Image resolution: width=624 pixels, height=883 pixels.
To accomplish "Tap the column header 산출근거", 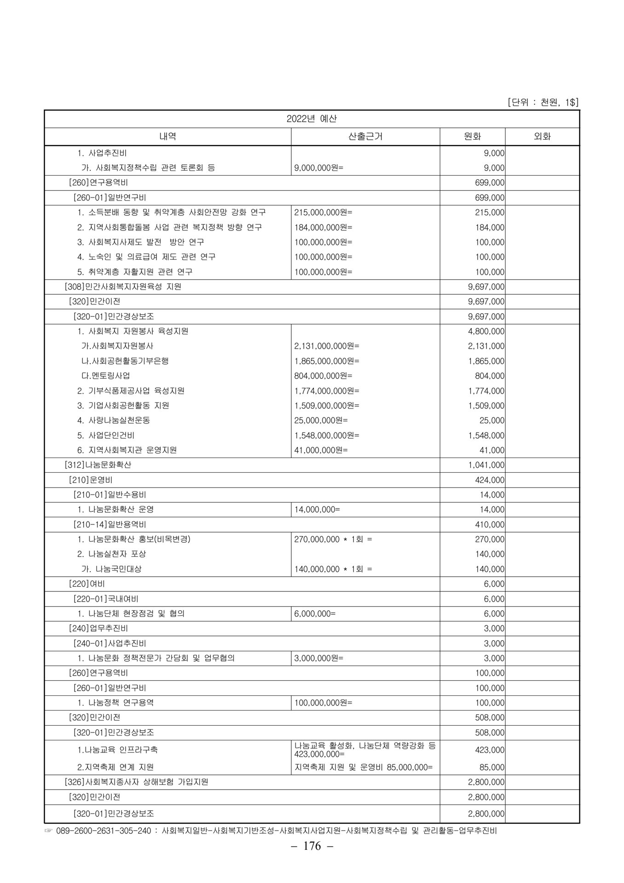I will click(x=365, y=137).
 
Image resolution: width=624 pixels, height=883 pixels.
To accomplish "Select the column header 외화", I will click(x=542, y=137).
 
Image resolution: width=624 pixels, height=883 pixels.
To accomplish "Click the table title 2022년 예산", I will click(x=312, y=119).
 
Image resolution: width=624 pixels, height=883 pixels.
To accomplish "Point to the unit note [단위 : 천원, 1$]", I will click(x=543, y=102).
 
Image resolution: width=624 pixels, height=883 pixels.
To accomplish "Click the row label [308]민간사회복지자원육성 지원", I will click(x=123, y=287).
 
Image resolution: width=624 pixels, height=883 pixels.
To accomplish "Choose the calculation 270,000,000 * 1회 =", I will click(x=333, y=539).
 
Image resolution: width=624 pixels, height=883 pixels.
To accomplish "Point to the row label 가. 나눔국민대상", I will click(x=111, y=569).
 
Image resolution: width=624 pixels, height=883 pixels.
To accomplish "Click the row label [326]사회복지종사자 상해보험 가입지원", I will click(x=136, y=782).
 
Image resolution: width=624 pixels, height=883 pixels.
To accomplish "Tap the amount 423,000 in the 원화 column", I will click(x=490, y=750).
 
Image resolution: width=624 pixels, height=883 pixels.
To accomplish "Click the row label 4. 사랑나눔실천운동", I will click(x=114, y=420).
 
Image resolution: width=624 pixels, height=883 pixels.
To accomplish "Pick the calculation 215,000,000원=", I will click(x=323, y=212).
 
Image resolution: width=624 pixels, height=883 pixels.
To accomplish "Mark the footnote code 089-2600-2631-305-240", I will click(x=104, y=831).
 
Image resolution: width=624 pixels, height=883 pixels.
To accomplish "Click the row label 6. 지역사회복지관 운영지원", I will click(x=127, y=450).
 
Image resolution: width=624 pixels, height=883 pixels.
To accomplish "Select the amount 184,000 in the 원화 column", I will click(x=490, y=228).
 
